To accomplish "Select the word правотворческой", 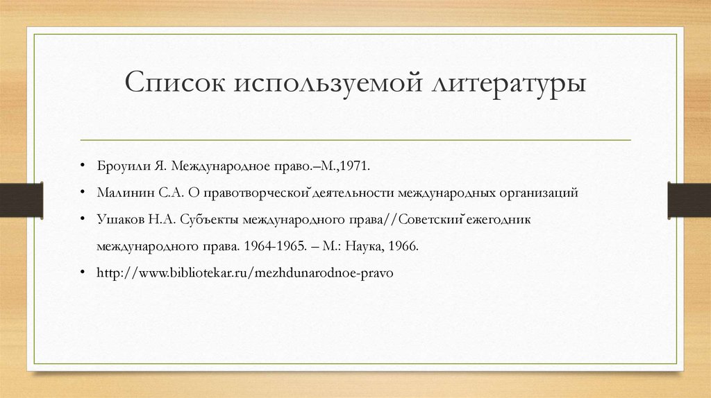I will pos(256,193).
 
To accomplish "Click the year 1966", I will pos(405,246).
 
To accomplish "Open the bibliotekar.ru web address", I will pos(245,273).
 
